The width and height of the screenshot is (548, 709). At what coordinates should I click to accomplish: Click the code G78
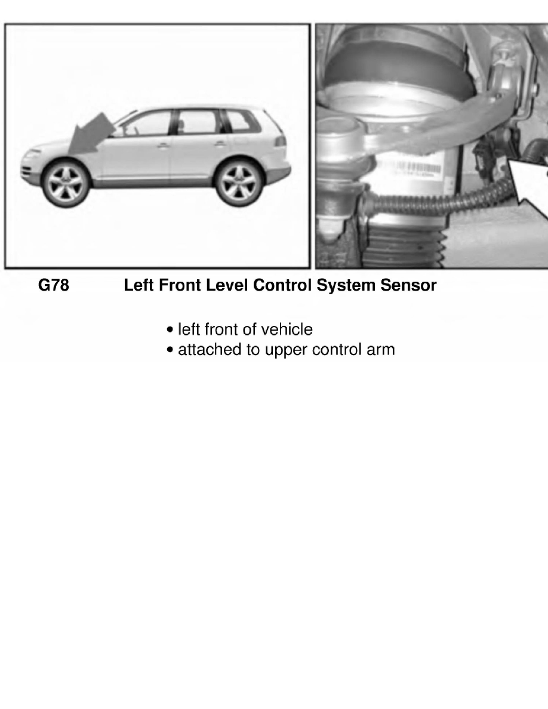pos(54,286)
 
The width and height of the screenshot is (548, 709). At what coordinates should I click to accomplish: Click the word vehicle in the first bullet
pos(287,329)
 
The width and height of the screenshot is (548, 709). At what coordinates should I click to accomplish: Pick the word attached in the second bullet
pos(205,350)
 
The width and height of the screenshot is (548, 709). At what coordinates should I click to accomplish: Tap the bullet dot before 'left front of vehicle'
pos(171,330)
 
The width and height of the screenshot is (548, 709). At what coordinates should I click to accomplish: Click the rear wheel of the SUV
pos(236,183)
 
